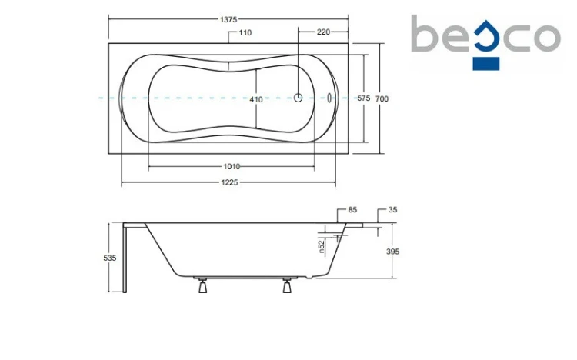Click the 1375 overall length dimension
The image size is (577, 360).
click(228, 19)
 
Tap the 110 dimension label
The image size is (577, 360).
click(245, 33)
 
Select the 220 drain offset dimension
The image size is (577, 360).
click(323, 32)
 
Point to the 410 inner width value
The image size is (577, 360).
click(256, 99)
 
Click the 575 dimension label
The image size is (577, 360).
click(364, 98)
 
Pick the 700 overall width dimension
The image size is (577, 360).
click(382, 98)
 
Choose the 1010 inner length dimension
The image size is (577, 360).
click(232, 167)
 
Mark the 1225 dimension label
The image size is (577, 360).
click(229, 182)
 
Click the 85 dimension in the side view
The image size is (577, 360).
click(352, 210)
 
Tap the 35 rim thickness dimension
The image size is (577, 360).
click(393, 210)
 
